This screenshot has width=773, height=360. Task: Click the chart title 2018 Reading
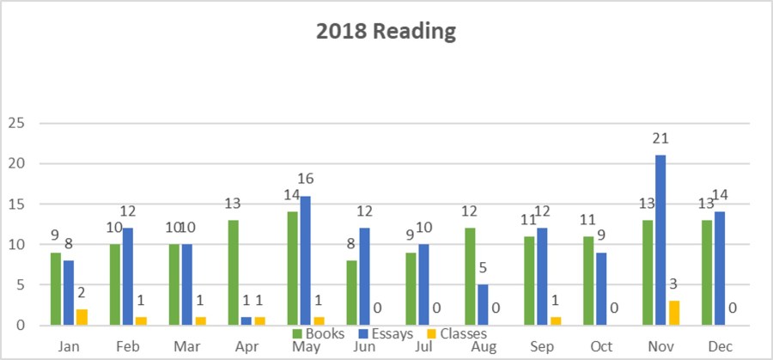tap(386, 33)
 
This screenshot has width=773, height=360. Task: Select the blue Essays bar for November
tap(660, 241)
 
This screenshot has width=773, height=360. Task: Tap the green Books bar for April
tap(234, 272)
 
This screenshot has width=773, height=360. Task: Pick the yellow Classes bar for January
tap(82, 317)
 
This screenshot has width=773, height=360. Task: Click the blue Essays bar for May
tap(305, 260)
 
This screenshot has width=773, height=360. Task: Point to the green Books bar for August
tap(468, 277)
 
